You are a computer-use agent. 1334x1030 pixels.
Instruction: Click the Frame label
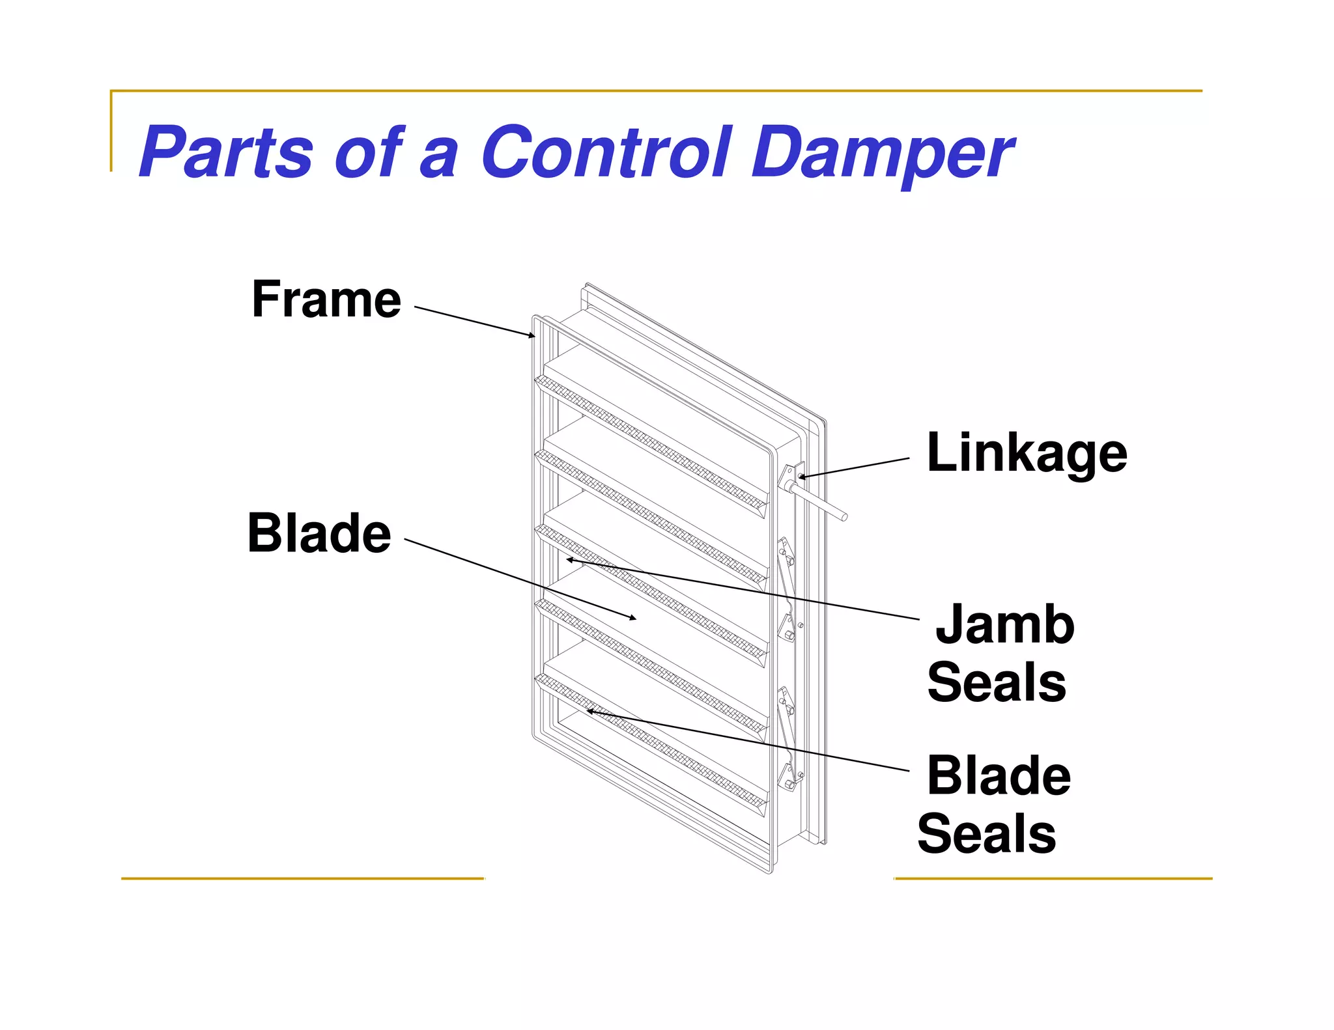click(x=326, y=299)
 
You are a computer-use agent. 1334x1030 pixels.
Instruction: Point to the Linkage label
click(x=1026, y=454)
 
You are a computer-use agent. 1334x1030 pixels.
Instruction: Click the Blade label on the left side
click(x=319, y=533)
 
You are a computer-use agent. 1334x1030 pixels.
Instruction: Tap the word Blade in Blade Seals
click(x=998, y=776)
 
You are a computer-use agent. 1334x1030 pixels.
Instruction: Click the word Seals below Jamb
click(x=996, y=682)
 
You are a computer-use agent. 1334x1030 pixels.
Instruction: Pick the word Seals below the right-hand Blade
click(x=986, y=834)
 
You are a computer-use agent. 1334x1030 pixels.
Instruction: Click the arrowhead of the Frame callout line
click(x=532, y=336)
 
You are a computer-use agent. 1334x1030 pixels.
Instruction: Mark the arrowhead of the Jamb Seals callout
click(x=569, y=559)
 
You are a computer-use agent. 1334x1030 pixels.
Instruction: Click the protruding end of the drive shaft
click(x=844, y=517)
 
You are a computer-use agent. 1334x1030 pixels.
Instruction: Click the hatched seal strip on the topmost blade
click(x=651, y=443)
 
